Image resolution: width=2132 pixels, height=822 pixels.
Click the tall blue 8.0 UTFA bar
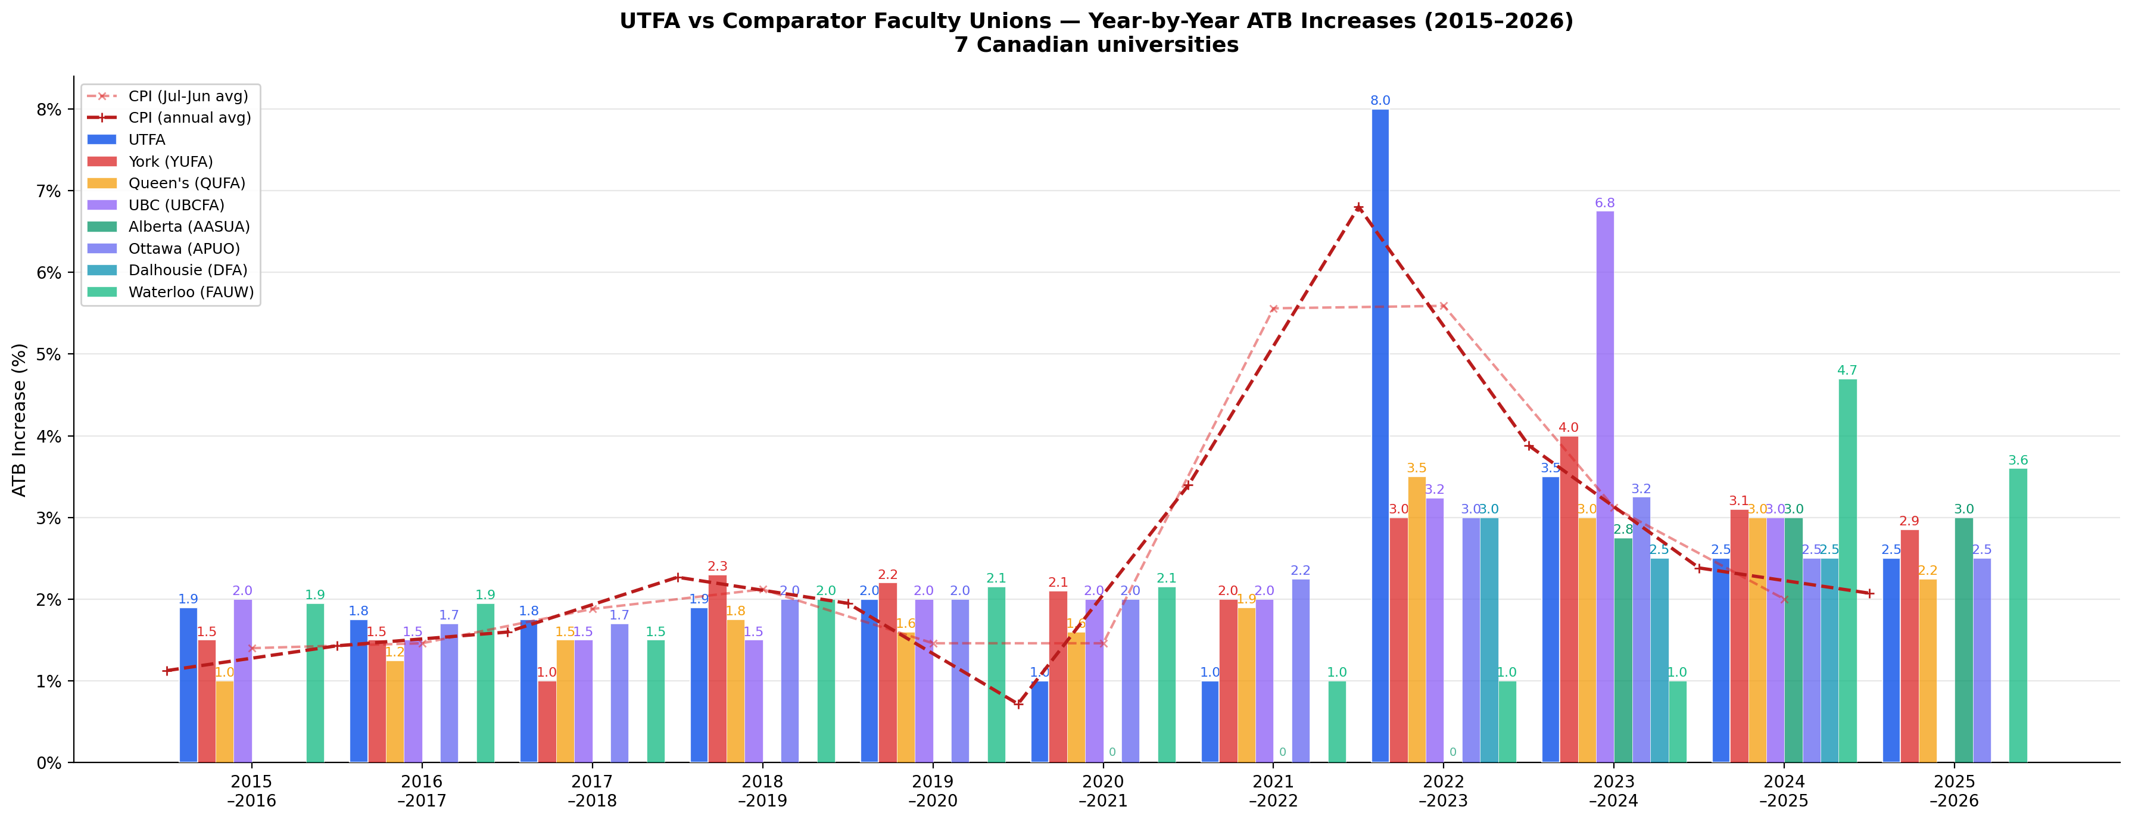pyautogui.click(x=1380, y=435)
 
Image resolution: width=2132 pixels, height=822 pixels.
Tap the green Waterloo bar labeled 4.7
pyautogui.click(x=1847, y=571)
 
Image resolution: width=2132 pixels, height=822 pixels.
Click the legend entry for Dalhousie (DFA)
pyautogui.click(x=188, y=270)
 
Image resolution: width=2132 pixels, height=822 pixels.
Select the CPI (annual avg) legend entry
pyautogui.click(x=189, y=117)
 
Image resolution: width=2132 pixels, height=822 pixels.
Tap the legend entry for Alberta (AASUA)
pyautogui.click(x=189, y=226)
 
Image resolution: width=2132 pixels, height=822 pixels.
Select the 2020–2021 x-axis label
pyautogui.click(x=1102, y=790)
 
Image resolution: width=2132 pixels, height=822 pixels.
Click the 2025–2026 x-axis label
pyautogui.click(x=1954, y=790)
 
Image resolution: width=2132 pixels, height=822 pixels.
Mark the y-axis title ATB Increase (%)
pyautogui.click(x=20, y=420)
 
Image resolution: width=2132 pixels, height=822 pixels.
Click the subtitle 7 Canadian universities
pyautogui.click(x=1096, y=45)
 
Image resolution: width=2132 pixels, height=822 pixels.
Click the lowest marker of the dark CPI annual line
pyautogui.click(x=1018, y=703)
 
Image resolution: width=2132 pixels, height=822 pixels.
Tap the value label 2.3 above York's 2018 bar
pyautogui.click(x=717, y=567)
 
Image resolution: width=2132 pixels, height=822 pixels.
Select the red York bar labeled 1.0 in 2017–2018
pyautogui.click(x=547, y=721)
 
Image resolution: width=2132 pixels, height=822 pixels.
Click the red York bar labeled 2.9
pyautogui.click(x=1909, y=646)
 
